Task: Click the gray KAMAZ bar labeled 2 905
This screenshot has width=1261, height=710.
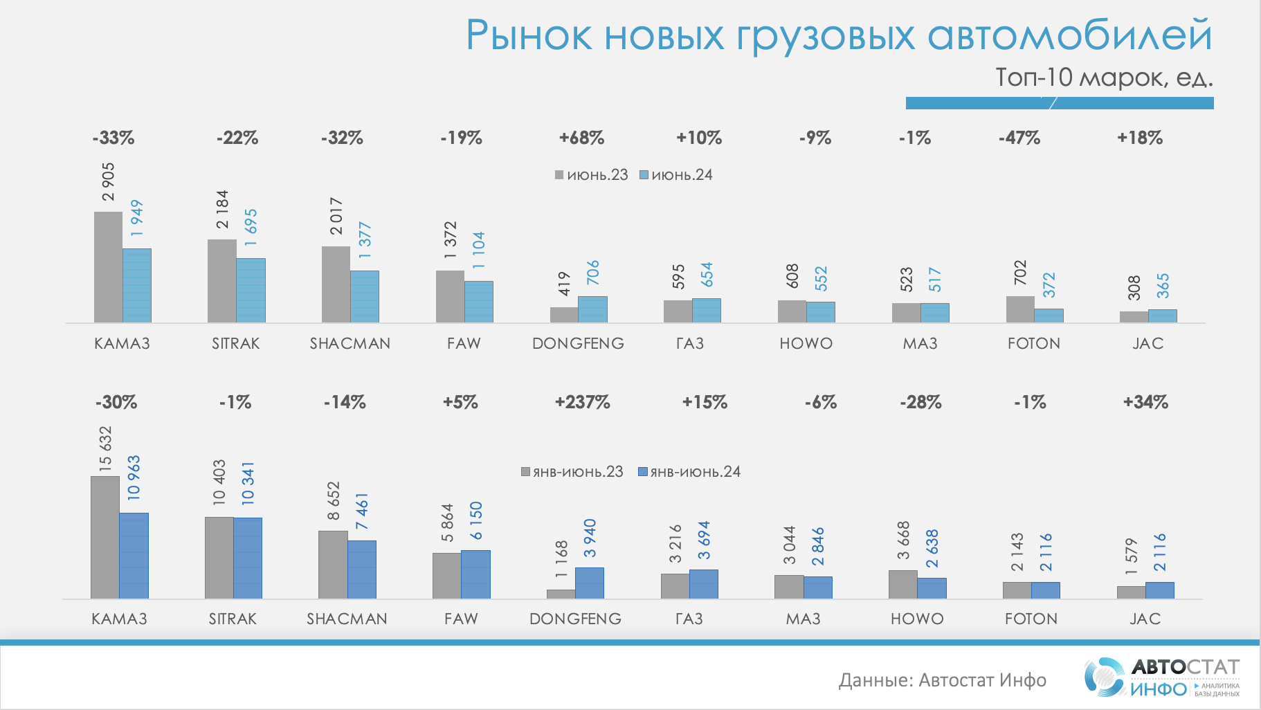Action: pyautogui.click(x=108, y=267)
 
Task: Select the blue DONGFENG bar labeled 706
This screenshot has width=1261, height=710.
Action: pyautogui.click(x=592, y=309)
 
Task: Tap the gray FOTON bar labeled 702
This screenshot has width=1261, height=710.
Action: pyautogui.click(x=1020, y=309)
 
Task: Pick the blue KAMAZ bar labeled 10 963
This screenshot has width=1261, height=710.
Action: pyautogui.click(x=134, y=556)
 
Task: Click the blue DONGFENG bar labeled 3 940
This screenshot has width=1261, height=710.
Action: pyautogui.click(x=590, y=583)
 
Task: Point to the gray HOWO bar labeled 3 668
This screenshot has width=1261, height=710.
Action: pyautogui.click(x=902, y=584)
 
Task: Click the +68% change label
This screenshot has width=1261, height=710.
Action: pyautogui.click(x=581, y=138)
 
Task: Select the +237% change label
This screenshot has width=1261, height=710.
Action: pyautogui.click(x=582, y=402)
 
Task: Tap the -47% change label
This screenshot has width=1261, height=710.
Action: pyautogui.click(x=1019, y=138)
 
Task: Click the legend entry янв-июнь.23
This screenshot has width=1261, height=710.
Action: pyautogui.click(x=572, y=472)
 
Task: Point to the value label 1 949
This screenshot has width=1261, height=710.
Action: pyautogui.click(x=136, y=218)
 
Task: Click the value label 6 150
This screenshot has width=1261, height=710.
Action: pyautogui.click(x=475, y=520)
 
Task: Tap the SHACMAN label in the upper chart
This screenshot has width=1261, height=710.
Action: pyautogui.click(x=350, y=343)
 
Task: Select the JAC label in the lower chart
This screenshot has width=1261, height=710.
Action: pyautogui.click(x=1145, y=619)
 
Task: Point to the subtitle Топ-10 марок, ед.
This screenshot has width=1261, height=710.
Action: pyautogui.click(x=1104, y=78)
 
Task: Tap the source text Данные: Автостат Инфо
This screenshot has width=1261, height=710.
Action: pyautogui.click(x=942, y=680)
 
